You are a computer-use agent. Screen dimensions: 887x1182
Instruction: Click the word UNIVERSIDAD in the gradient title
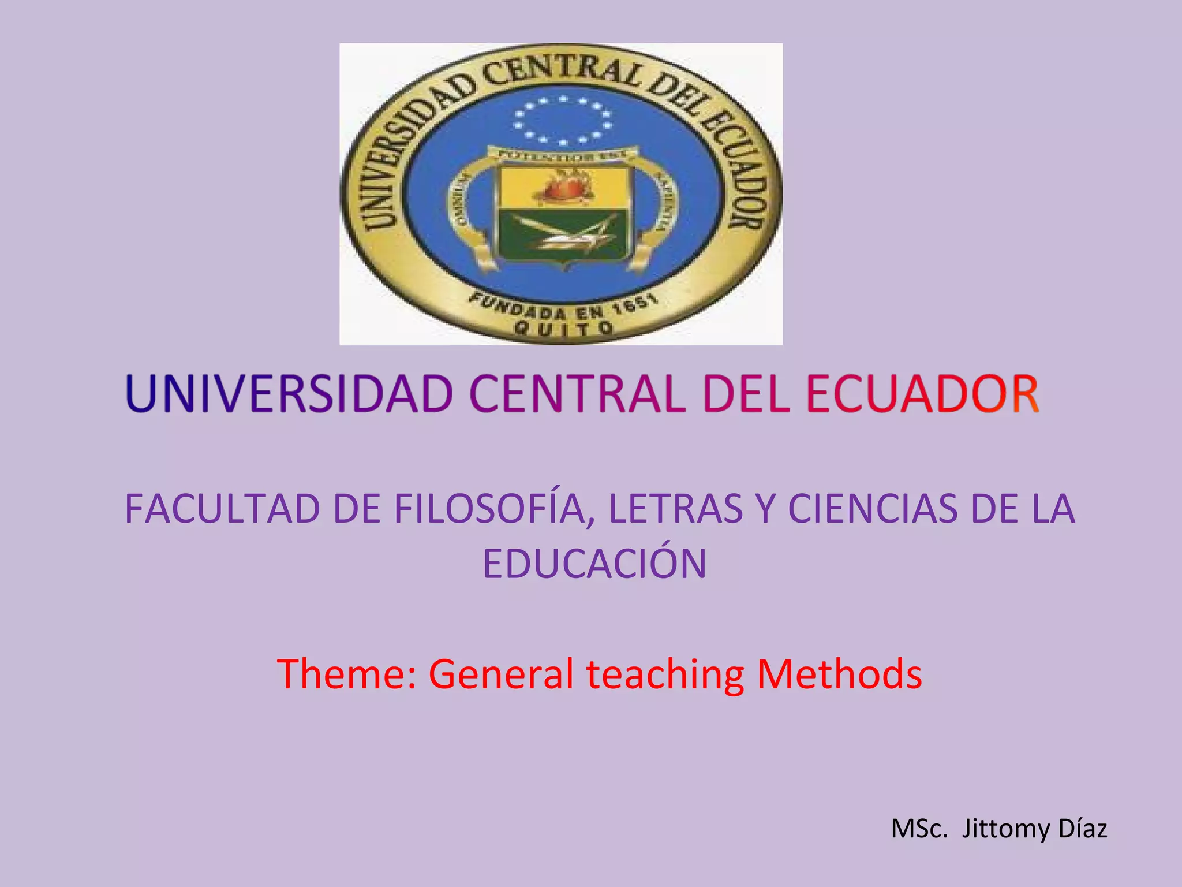click(289, 394)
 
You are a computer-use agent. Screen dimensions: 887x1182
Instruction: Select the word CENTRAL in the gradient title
click(577, 394)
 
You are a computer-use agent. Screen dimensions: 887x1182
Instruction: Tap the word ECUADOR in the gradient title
click(922, 394)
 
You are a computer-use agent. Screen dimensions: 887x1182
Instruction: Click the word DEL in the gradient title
click(745, 394)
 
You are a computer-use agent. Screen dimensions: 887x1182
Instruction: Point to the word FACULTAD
click(222, 509)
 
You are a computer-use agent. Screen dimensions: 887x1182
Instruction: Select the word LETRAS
click(675, 509)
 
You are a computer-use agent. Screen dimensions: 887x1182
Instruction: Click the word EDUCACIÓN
click(594, 564)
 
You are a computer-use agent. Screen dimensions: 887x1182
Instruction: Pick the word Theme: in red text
click(346, 674)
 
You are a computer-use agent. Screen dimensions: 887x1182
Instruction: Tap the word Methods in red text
click(839, 674)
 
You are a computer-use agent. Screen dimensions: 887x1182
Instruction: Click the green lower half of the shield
click(563, 234)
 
